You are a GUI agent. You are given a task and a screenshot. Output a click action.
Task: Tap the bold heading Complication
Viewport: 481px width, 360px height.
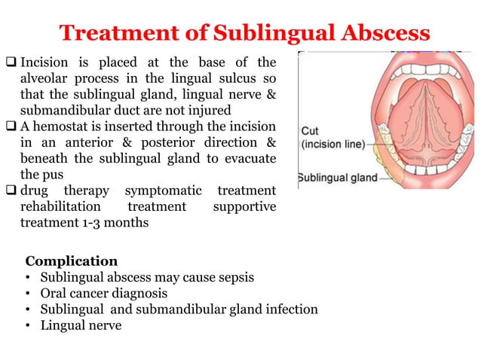point(72,261)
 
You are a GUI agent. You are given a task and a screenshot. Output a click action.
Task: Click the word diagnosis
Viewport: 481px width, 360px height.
point(139,293)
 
